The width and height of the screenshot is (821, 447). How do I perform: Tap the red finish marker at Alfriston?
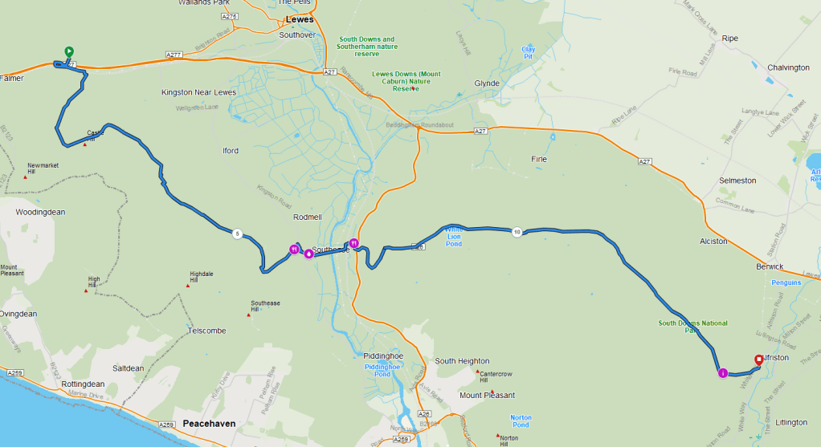point(758,360)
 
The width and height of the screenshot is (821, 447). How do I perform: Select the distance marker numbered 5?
point(237,234)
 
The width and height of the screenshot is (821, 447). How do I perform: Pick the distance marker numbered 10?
point(517,232)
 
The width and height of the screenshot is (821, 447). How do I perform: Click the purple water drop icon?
point(308,254)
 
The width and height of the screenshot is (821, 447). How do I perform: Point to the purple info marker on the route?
point(722,373)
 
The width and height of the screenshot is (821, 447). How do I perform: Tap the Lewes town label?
point(300,19)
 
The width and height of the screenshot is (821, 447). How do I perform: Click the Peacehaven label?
point(208,423)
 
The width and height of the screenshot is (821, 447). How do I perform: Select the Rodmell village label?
point(308,217)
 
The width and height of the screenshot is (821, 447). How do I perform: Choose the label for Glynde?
point(487,83)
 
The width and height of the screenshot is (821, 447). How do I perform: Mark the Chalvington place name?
point(788,67)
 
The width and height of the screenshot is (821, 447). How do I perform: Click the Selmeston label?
point(737,181)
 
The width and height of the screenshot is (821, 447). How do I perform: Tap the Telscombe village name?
point(206,331)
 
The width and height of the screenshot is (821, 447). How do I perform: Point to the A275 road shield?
point(230,16)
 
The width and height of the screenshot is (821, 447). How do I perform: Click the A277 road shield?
point(174,55)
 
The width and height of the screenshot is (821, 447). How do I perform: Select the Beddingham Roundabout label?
point(421,125)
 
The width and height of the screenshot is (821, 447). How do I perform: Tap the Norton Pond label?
point(521,421)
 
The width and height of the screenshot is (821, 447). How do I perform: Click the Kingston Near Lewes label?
point(198,92)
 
